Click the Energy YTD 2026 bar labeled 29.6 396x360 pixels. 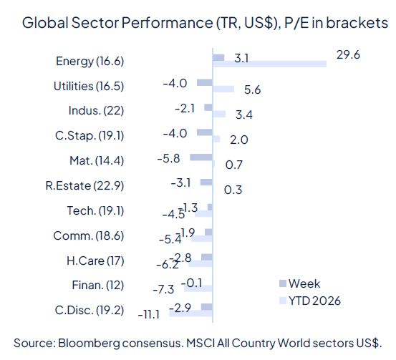(269, 64)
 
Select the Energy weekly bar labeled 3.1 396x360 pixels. (219, 57)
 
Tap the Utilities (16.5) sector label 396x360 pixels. (89, 86)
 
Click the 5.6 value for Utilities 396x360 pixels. (253, 89)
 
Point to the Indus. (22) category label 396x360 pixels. (96, 111)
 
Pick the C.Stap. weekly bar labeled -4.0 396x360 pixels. (205, 132)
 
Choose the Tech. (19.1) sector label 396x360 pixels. (93, 211)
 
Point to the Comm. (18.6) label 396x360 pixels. (89, 236)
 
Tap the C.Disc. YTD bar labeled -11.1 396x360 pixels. (191, 313)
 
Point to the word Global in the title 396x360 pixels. (42, 22)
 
